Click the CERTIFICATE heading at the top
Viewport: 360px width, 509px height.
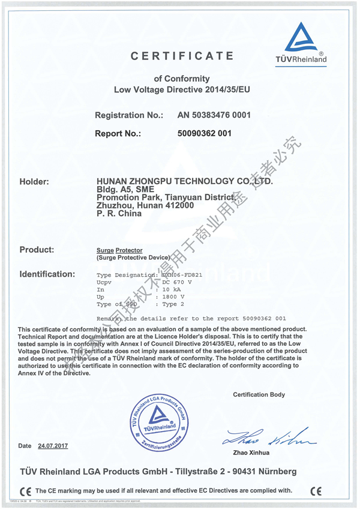[x=182, y=56]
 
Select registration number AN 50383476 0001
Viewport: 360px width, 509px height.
[x=214, y=114]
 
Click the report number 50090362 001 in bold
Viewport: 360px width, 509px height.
[x=204, y=133]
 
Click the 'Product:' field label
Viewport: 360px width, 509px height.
[x=37, y=249]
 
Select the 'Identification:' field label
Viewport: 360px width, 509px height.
[x=47, y=274]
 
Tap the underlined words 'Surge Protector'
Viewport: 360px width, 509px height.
[x=119, y=249]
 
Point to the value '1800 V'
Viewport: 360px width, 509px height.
[x=175, y=297]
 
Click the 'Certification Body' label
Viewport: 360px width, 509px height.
[x=259, y=394]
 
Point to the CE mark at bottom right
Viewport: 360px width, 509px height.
[x=317, y=490]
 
